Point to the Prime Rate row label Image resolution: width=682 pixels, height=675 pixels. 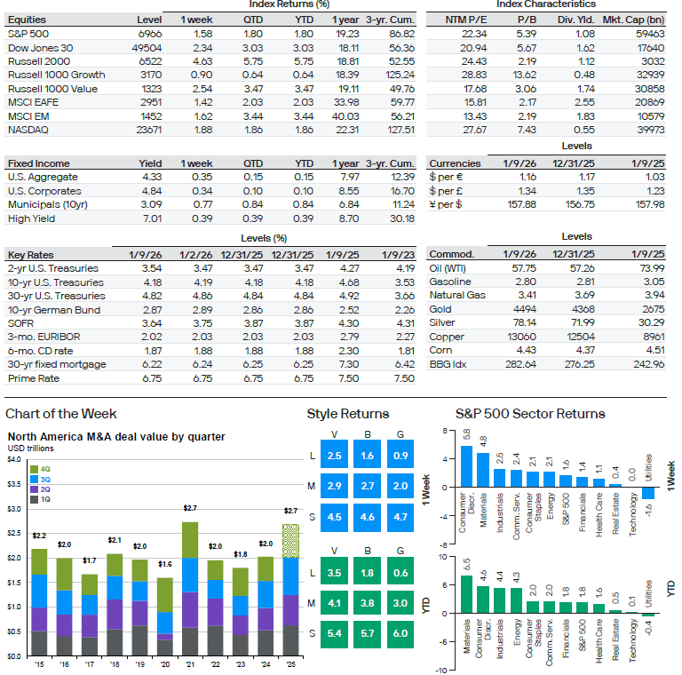[x=34, y=378]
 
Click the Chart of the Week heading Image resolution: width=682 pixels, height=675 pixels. [x=60, y=414]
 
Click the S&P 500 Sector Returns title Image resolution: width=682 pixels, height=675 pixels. [x=529, y=414]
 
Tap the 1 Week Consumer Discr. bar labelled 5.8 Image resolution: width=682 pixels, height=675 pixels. [x=466, y=466]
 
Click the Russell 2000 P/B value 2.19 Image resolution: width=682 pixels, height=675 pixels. [x=530, y=60]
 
